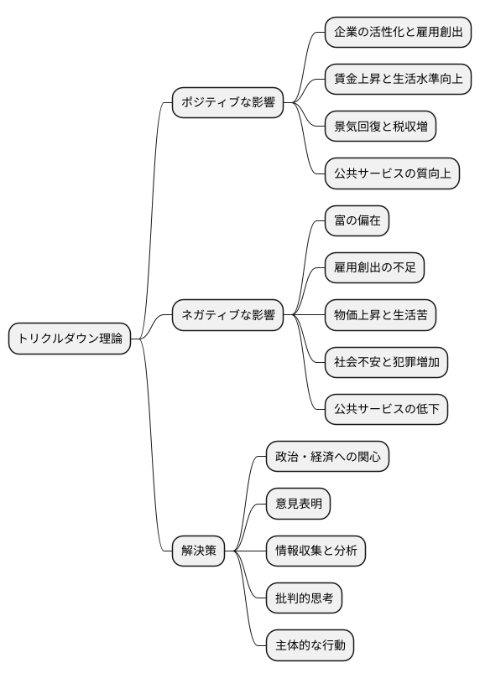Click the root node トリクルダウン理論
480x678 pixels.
pyautogui.click(x=70, y=339)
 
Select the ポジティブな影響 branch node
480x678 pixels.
pyautogui.click(x=227, y=104)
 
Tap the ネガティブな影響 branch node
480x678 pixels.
pyautogui.click(x=227, y=316)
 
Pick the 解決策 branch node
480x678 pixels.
pyautogui.click(x=199, y=551)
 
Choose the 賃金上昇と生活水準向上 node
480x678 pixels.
pyautogui.click(x=398, y=80)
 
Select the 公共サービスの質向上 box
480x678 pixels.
pyautogui.click(x=392, y=174)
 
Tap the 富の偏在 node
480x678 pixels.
pyautogui.click(x=357, y=221)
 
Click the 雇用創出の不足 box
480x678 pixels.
pyautogui.click(x=374, y=268)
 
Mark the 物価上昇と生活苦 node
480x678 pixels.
pyautogui.click(x=381, y=316)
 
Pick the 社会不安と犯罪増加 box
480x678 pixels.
pyautogui.click(x=386, y=363)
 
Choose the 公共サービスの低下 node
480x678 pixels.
pyautogui.click(x=386, y=410)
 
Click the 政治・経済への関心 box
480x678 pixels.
pyautogui.click(x=326, y=457)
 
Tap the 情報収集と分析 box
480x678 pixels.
pyautogui.click(x=316, y=551)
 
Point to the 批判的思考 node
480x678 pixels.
pyautogui.click(x=304, y=598)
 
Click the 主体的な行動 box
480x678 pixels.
pyautogui.click(x=310, y=645)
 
